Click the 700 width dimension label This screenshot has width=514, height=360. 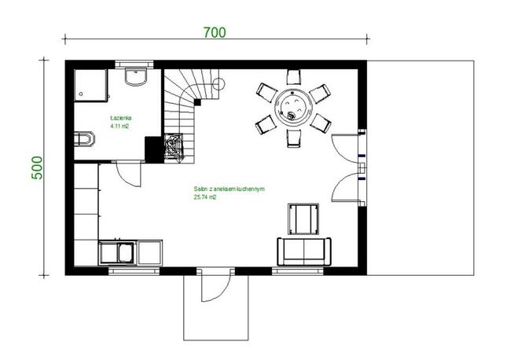214,32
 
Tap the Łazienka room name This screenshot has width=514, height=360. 120,118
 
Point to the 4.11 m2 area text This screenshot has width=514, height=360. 120,126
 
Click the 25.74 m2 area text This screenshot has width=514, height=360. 204,197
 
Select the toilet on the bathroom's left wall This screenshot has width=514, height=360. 83,141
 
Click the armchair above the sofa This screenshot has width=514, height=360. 304,218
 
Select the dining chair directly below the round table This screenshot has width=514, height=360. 294,138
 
